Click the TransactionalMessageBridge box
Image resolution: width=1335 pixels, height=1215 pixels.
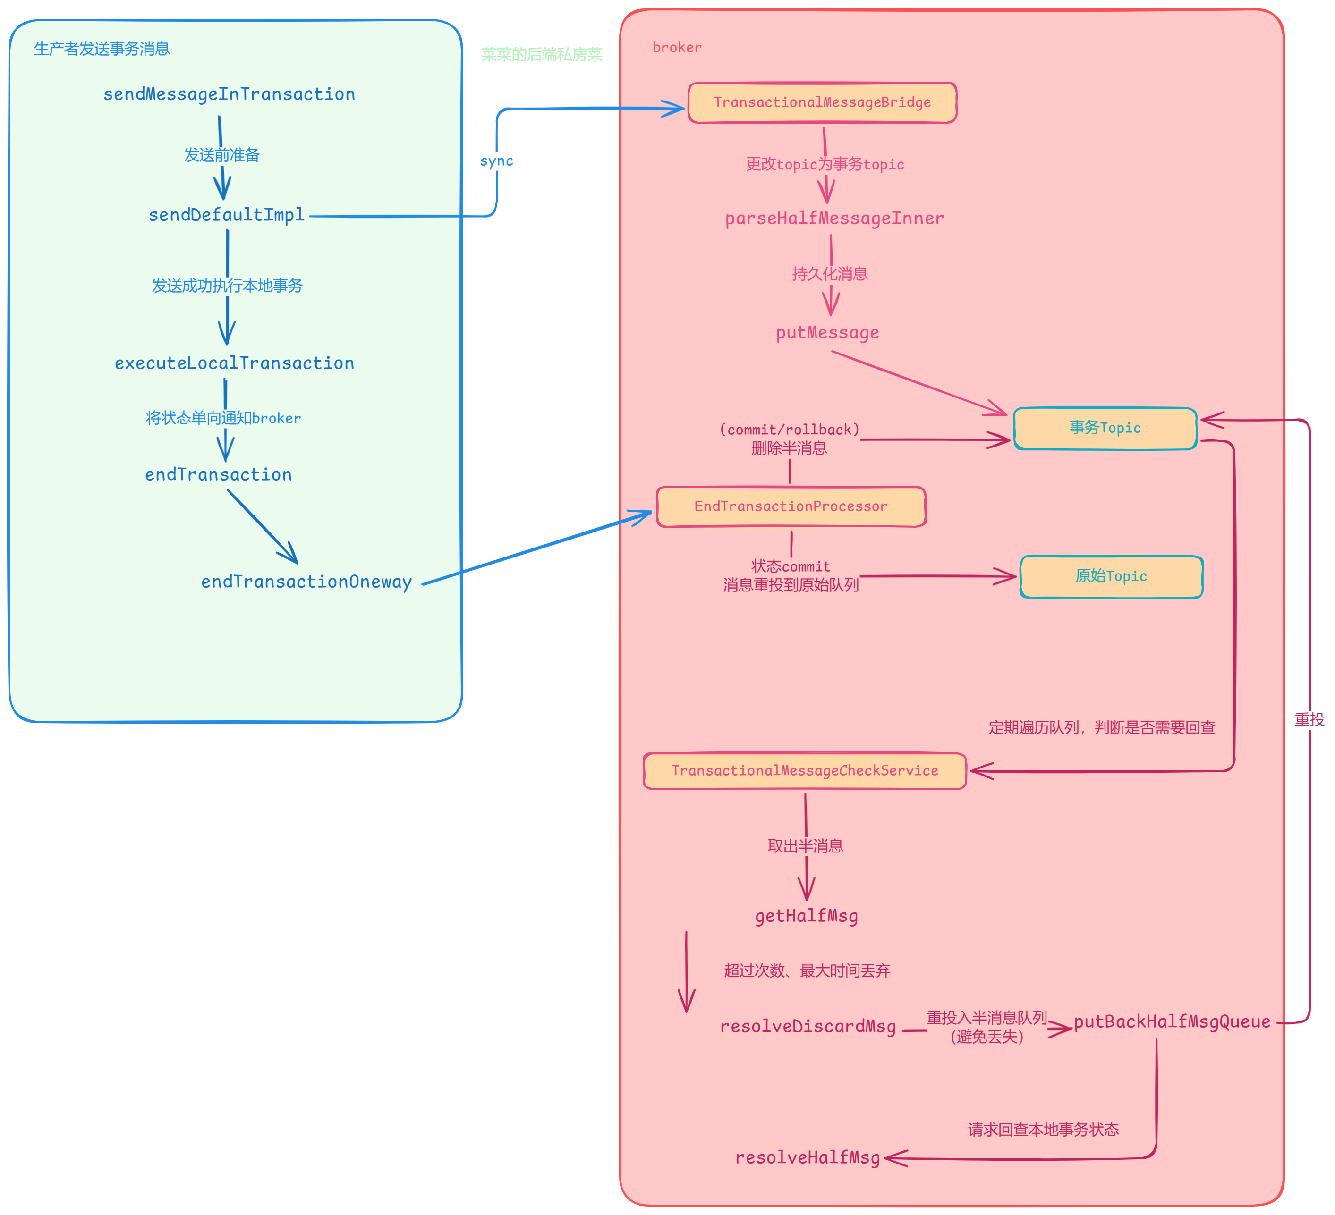point(822,102)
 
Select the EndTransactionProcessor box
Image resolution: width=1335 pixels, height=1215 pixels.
point(791,506)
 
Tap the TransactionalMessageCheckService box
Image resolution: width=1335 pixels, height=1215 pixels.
point(805,770)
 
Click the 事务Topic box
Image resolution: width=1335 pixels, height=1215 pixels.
point(1105,428)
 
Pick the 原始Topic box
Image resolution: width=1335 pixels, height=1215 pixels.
point(1111,576)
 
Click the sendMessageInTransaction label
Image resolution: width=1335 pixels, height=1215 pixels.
point(229,94)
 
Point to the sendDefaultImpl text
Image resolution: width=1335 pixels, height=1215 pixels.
point(227,215)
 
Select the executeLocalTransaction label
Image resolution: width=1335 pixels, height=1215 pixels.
point(234,363)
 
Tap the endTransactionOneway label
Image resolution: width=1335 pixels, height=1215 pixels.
point(306,582)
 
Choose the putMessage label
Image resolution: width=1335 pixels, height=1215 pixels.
point(827,332)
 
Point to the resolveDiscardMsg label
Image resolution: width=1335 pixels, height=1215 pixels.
point(808,1026)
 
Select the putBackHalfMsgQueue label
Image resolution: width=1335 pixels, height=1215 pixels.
point(1172,1022)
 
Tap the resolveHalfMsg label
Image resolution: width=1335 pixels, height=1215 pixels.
point(807,1157)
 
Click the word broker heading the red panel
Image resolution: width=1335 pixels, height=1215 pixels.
point(677,48)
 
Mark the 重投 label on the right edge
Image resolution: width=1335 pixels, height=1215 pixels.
point(1309,719)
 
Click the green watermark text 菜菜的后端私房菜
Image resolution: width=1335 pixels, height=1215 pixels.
point(542,54)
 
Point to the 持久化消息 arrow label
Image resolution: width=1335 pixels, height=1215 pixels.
point(830,274)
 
